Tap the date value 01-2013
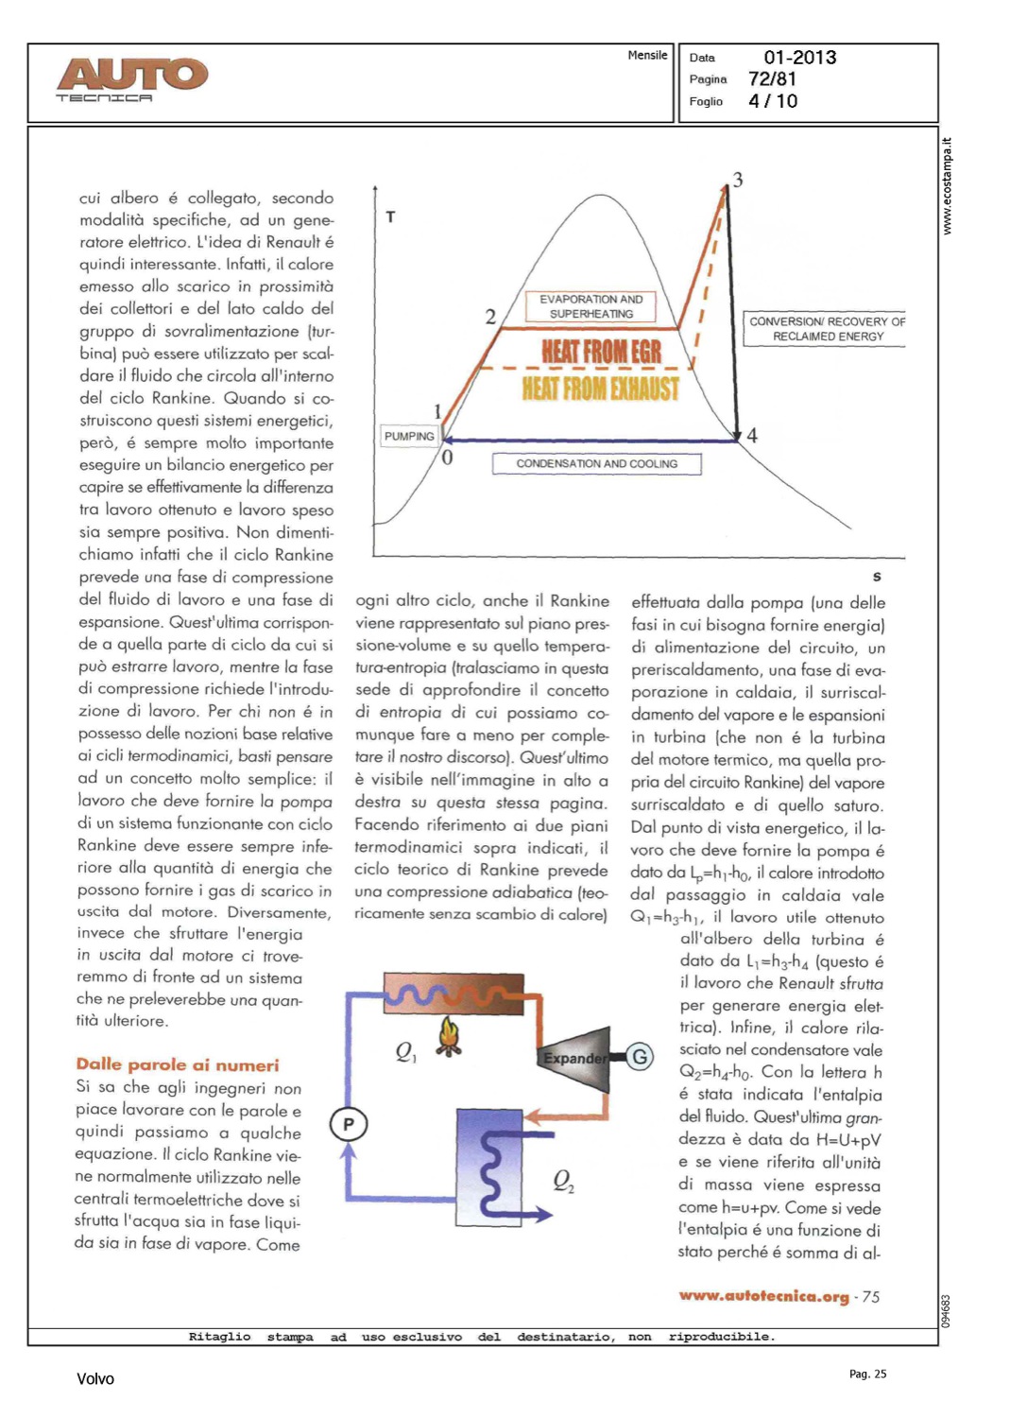point(799,58)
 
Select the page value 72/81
point(772,79)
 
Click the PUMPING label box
point(409,436)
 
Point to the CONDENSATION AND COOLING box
point(596,464)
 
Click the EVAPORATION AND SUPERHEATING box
point(591,306)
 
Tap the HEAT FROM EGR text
point(601,352)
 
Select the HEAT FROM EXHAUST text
point(601,389)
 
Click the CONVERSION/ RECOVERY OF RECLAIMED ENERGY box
point(827,329)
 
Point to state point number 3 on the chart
point(738,180)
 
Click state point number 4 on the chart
point(752,436)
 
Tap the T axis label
point(390,217)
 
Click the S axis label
point(877,577)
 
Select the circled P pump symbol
point(349,1124)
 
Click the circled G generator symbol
point(640,1057)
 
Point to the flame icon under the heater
point(449,1036)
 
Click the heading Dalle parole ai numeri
point(178,1064)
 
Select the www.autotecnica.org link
point(763,1296)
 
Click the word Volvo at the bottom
point(95,1379)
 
